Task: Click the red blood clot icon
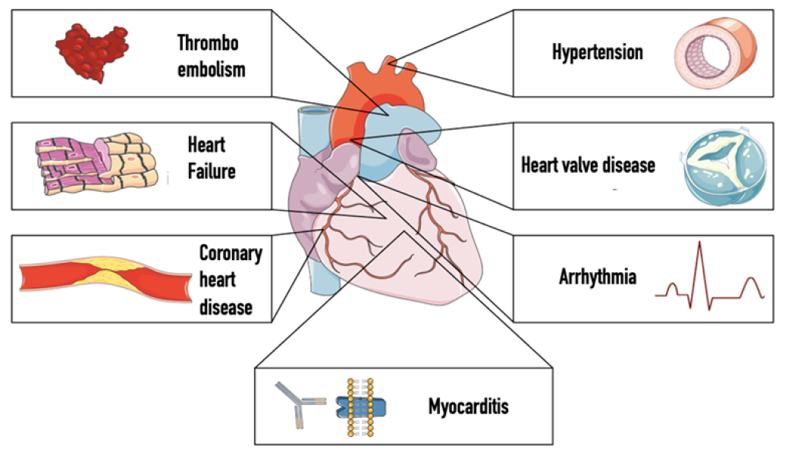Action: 90,52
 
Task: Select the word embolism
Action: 212,70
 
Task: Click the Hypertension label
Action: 597,52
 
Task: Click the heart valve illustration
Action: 720,165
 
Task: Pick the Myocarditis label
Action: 468,406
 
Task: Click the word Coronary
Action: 231,253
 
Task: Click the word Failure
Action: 212,171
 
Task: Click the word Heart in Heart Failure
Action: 207,143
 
